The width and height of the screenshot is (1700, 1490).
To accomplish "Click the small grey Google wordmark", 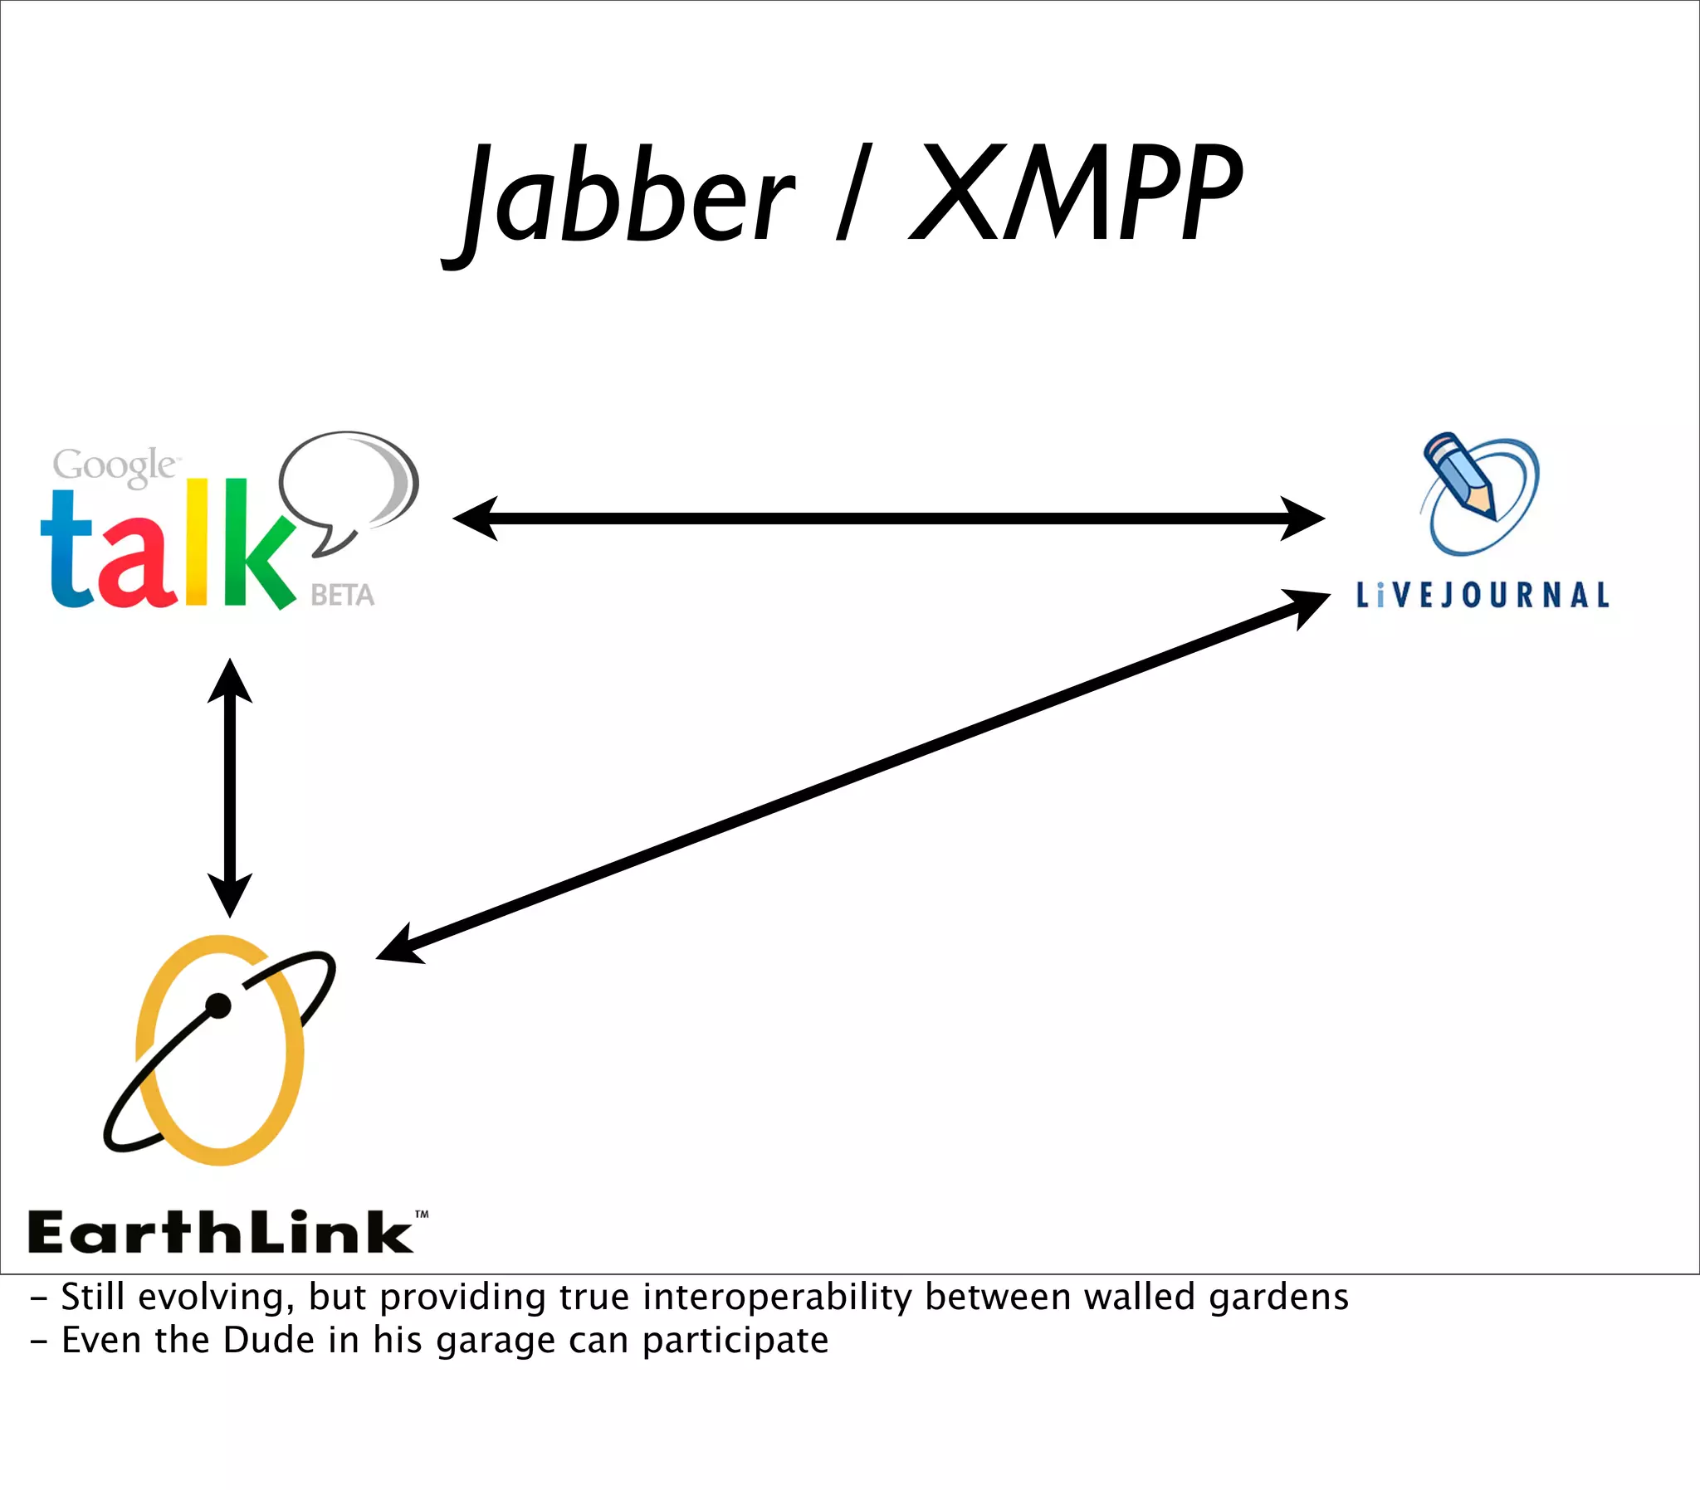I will coord(114,465).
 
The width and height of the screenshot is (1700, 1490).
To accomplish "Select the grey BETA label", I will coord(342,596).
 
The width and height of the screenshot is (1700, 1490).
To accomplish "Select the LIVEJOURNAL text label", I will coord(1482,596).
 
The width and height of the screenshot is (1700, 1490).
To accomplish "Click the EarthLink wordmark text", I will coord(221,1232).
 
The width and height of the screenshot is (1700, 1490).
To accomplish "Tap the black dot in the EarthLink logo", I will coord(218,1006).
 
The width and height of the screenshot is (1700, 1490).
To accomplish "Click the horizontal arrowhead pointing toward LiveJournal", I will coord(1302,518).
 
